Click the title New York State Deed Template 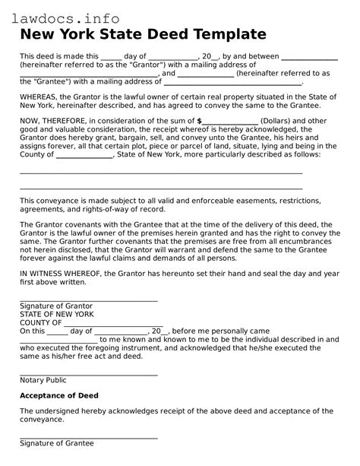[x=143, y=34]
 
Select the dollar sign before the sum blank [x=199, y=121]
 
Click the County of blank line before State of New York [x=85, y=155]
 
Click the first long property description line [x=161, y=173]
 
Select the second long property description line [x=161, y=189]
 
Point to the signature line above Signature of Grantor [x=88, y=300]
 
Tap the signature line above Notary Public [x=88, y=374]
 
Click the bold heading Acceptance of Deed [x=58, y=395]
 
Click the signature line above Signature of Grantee [x=88, y=437]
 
